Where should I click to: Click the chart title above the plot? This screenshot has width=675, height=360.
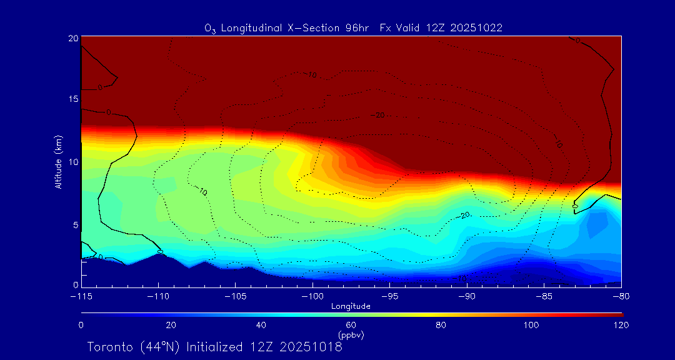354,28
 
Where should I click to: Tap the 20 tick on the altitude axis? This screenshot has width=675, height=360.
72,38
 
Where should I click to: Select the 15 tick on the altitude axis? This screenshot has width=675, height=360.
72,99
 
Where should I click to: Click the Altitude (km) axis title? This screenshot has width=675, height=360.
58,161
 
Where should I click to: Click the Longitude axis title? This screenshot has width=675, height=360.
351,306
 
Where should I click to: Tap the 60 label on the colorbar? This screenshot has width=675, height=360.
351,325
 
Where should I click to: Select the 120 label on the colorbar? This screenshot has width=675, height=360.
621,325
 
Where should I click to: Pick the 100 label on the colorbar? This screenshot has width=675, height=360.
531,325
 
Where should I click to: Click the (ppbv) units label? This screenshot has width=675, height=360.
351,335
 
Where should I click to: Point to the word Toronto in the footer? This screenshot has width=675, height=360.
109,347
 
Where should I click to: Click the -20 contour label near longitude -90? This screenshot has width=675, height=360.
464,215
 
